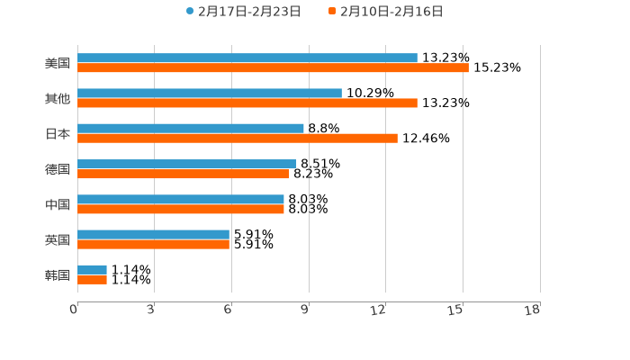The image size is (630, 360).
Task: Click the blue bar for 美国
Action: pyautogui.click(x=247, y=58)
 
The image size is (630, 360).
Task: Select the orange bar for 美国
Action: pyautogui.click(x=273, y=68)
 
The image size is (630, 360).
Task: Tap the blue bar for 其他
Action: pyautogui.click(x=210, y=94)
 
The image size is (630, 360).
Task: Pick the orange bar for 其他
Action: pyautogui.click(x=247, y=103)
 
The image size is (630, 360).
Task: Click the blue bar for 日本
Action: pyautogui.click(x=191, y=129)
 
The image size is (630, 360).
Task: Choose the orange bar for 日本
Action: pyautogui.click(x=238, y=139)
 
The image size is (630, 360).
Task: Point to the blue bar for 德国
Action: pyautogui.click(x=187, y=164)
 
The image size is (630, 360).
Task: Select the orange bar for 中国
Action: pyautogui.click(x=181, y=209)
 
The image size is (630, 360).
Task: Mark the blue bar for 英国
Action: pyautogui.click(x=153, y=234)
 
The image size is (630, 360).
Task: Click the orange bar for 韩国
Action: pyautogui.click(x=92, y=280)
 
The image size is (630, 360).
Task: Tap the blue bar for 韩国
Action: pyautogui.click(x=92, y=270)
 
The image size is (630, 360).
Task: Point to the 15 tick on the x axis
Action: pyautogui.click(x=457, y=310)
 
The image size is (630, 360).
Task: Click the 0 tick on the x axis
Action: pyautogui.click(x=74, y=310)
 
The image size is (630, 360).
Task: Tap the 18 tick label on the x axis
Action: pyautogui.click(x=533, y=310)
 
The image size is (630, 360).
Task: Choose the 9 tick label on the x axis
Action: pyautogui.click(x=305, y=310)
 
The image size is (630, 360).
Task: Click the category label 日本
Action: pyautogui.click(x=58, y=134)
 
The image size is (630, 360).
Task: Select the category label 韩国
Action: pyautogui.click(x=58, y=274)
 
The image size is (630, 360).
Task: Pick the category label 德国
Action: pyautogui.click(x=58, y=169)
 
